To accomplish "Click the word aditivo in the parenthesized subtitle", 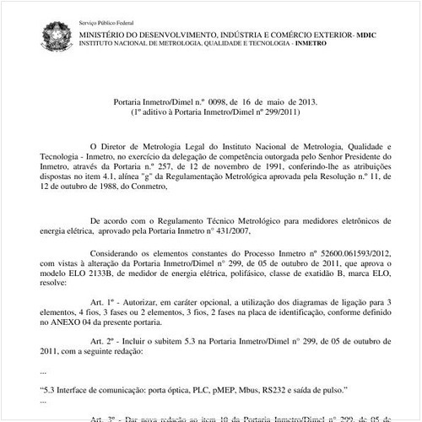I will (160, 111).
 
